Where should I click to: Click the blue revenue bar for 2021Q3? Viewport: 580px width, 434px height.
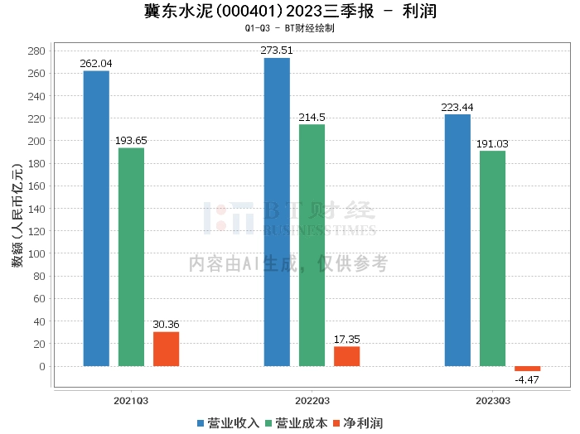[x=96, y=219]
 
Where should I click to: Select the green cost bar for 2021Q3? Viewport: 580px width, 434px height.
[x=131, y=257]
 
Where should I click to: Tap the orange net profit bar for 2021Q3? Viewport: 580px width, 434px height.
[x=166, y=349]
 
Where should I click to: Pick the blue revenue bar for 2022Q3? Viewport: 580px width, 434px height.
[x=277, y=212]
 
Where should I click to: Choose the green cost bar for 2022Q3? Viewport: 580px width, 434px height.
[x=312, y=245]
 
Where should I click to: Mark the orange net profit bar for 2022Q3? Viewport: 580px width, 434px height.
[x=346, y=356]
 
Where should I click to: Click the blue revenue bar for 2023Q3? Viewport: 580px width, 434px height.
[x=457, y=240]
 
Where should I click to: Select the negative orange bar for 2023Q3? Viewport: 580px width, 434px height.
[x=527, y=369]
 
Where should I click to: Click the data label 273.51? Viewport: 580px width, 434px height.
[x=277, y=51]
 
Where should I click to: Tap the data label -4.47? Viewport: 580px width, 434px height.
[x=527, y=379]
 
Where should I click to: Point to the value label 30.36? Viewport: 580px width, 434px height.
[x=166, y=325]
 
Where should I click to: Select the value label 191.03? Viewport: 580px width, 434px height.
[x=492, y=144]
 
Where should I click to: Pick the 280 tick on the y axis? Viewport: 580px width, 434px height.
[x=37, y=51]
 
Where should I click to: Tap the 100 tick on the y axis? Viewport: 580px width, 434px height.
[x=37, y=253]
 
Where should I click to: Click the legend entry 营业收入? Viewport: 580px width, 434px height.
[x=228, y=422]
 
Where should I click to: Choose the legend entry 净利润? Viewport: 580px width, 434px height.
[x=357, y=422]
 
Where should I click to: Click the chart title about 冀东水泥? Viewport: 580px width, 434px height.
[x=290, y=12]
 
